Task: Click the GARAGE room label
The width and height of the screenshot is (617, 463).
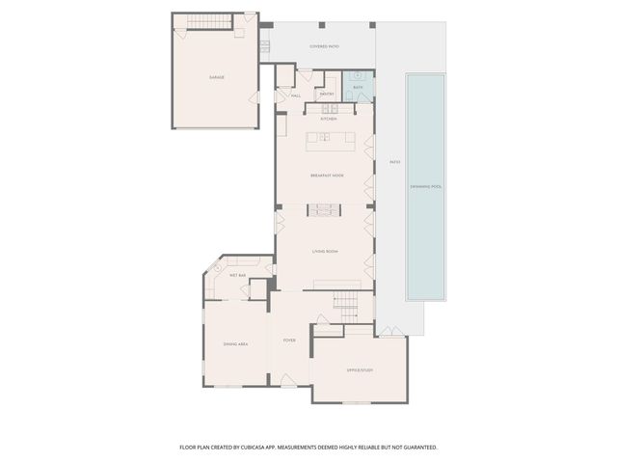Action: tap(216, 76)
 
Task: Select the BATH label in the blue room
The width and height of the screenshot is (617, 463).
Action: tap(358, 88)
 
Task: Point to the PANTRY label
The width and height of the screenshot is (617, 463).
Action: tap(327, 94)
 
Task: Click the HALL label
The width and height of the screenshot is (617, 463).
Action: tap(296, 95)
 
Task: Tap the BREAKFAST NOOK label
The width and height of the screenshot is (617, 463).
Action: tap(326, 176)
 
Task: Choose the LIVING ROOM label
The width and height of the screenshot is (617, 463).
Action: tap(324, 252)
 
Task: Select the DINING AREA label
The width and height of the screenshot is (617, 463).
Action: tap(236, 343)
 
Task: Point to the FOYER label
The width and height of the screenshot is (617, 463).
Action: tap(288, 340)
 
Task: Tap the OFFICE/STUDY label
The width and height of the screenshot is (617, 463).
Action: tap(360, 369)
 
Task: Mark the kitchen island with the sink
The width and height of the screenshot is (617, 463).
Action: tap(331, 141)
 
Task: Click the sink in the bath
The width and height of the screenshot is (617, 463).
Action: tap(358, 75)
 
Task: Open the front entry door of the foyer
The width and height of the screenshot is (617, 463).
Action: tap(288, 386)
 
